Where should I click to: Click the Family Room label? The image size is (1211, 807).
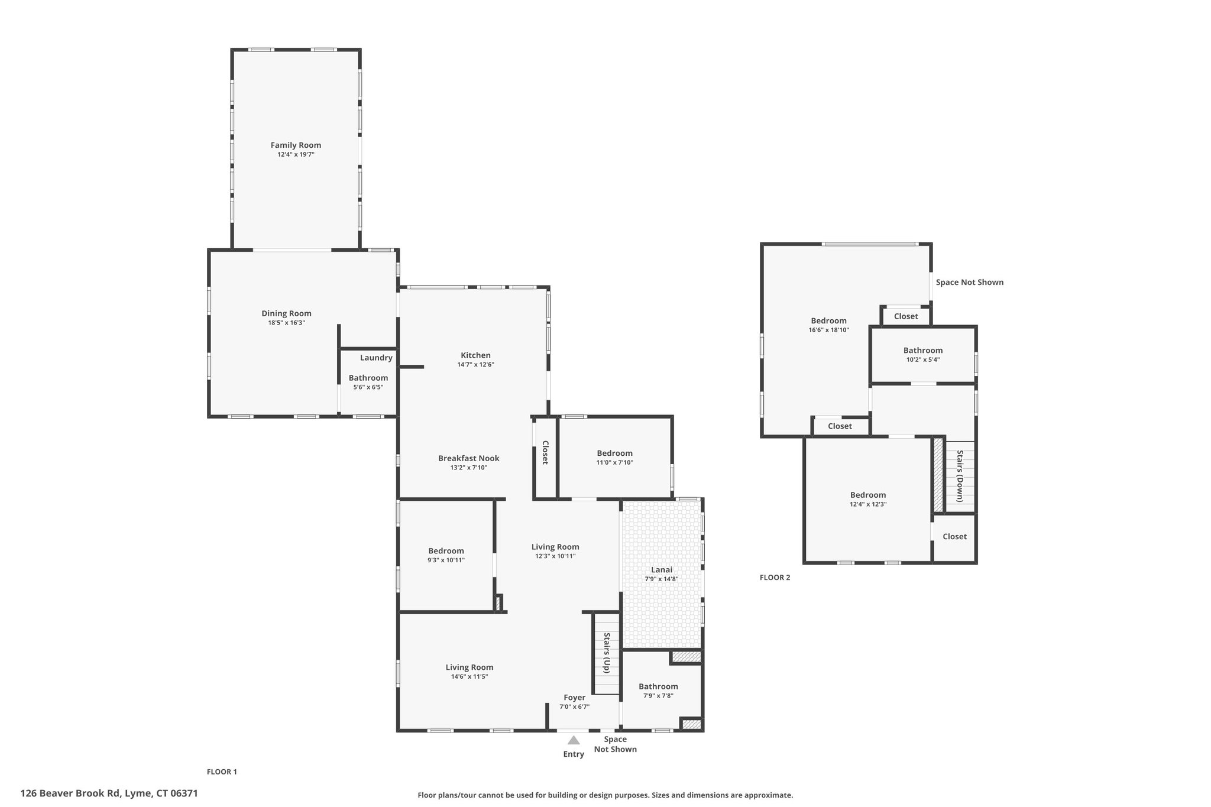tap(296, 145)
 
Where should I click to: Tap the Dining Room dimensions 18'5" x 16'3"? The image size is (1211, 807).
tap(286, 323)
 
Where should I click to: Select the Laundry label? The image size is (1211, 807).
tap(376, 358)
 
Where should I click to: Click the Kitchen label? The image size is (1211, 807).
tap(475, 355)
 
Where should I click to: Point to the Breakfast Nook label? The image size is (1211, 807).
tap(468, 458)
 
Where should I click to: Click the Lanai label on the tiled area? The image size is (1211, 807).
tap(662, 569)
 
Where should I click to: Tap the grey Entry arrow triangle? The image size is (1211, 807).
tap(574, 740)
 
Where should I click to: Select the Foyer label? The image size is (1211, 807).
tap(574, 698)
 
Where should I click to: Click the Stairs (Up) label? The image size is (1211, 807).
tap(607, 653)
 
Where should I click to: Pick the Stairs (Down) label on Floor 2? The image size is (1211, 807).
tap(960, 476)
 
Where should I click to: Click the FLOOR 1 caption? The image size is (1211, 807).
tap(222, 772)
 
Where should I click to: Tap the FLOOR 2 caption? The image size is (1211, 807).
tap(775, 578)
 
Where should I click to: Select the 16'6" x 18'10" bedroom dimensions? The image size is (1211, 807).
tap(828, 330)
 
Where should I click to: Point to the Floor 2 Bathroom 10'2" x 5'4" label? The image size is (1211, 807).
tap(922, 354)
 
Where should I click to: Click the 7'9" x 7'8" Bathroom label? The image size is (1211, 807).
tap(658, 691)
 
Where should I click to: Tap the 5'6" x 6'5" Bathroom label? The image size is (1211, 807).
tap(368, 382)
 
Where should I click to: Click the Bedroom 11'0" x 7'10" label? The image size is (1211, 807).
tap(614, 458)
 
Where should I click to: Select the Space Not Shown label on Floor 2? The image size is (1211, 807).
tap(969, 282)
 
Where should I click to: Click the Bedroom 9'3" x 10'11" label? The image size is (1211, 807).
tap(446, 555)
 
